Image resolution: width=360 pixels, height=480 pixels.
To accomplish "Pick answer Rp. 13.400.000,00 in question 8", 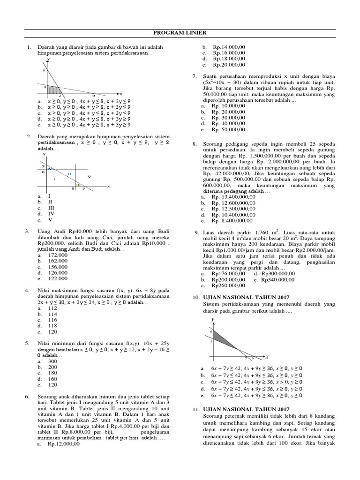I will click(x=233, y=197).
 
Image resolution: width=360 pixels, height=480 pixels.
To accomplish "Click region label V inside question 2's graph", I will click(x=89, y=176).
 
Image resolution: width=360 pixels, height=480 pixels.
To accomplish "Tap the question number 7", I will click(x=194, y=76).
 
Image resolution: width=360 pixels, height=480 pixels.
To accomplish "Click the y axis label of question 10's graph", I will click(x=213, y=319).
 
